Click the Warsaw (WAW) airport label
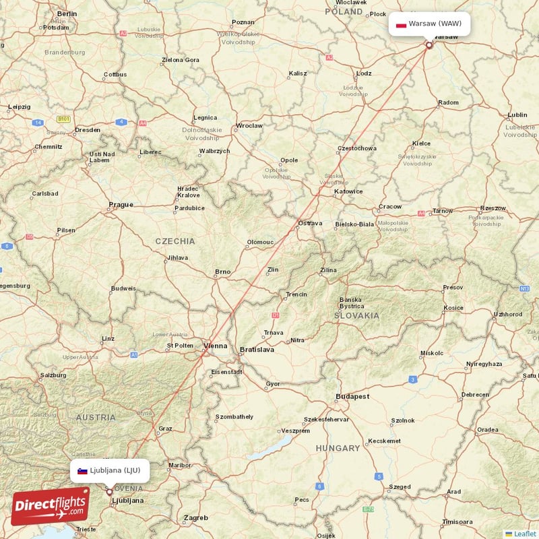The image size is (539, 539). click(x=435, y=24)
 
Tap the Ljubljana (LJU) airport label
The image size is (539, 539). click(x=115, y=470)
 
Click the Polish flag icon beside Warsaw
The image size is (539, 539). click(x=401, y=24)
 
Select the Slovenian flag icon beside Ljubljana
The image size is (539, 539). click(x=82, y=471)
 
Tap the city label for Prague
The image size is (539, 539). click(x=121, y=204)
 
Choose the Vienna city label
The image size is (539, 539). click(x=216, y=346)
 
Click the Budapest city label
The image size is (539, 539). click(x=354, y=397)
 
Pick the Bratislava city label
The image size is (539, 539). click(x=257, y=350)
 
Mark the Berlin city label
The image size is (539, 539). click(x=67, y=13)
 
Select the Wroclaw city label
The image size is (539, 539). click(x=249, y=125)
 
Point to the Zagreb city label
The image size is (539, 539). click(x=196, y=518)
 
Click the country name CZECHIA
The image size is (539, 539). click(x=175, y=241)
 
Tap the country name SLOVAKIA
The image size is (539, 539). click(x=356, y=315)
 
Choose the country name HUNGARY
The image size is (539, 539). click(x=338, y=448)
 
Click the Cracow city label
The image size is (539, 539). click(x=390, y=207)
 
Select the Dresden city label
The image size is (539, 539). click(x=88, y=129)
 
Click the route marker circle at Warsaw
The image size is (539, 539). click(x=429, y=46)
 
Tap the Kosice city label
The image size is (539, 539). click(x=453, y=308)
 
